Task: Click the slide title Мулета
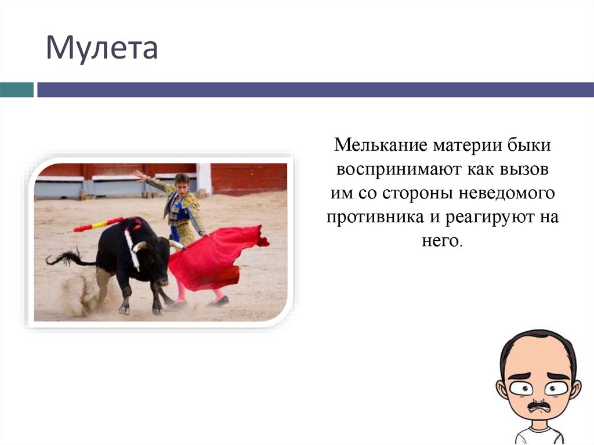(x=102, y=49)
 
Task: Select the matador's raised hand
(x=137, y=174)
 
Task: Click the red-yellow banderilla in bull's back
(x=99, y=225)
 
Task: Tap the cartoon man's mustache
(x=538, y=404)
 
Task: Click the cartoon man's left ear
(x=502, y=389)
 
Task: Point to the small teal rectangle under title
(x=16, y=90)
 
